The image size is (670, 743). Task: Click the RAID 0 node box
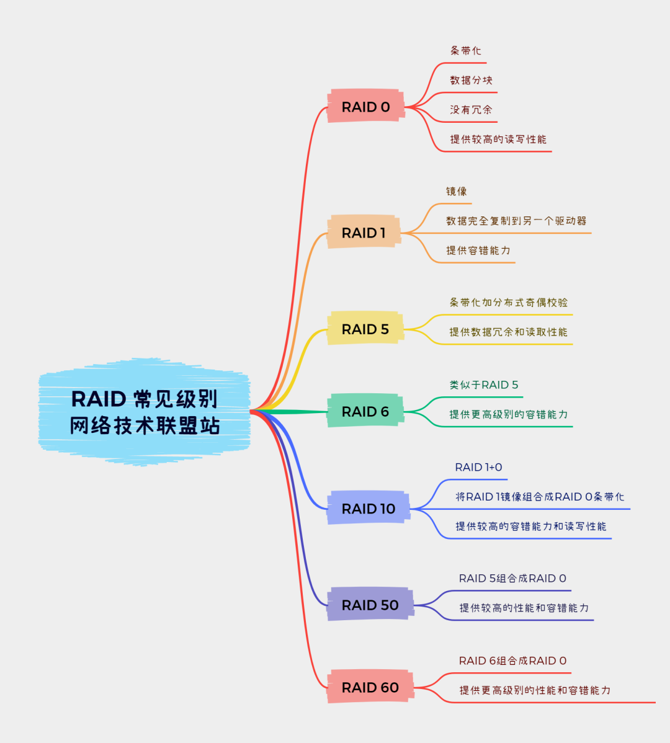click(x=366, y=107)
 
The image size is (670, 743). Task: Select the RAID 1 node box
click(x=364, y=233)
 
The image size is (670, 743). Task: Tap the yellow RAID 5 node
click(x=365, y=329)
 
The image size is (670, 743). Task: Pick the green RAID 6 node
click(x=365, y=411)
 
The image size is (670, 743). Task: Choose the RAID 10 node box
click(x=368, y=509)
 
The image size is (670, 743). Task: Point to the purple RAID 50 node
click(x=370, y=605)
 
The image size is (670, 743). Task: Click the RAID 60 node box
click(x=370, y=687)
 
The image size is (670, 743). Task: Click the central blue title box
click(x=145, y=412)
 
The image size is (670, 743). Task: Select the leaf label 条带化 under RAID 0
click(x=465, y=51)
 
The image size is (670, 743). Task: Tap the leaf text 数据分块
click(x=471, y=80)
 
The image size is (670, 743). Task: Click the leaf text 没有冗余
click(x=471, y=110)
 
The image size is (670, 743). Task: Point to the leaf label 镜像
click(x=456, y=192)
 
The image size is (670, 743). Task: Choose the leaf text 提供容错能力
click(x=478, y=251)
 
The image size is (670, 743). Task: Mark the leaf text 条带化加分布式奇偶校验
click(x=508, y=303)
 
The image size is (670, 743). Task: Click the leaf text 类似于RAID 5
click(x=484, y=385)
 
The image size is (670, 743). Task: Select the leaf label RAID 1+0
click(x=478, y=468)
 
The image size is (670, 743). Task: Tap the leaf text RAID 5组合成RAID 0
click(x=512, y=579)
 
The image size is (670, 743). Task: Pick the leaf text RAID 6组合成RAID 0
click(x=512, y=661)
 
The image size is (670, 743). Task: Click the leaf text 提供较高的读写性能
click(x=498, y=140)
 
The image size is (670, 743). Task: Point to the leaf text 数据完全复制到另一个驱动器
click(x=516, y=221)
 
